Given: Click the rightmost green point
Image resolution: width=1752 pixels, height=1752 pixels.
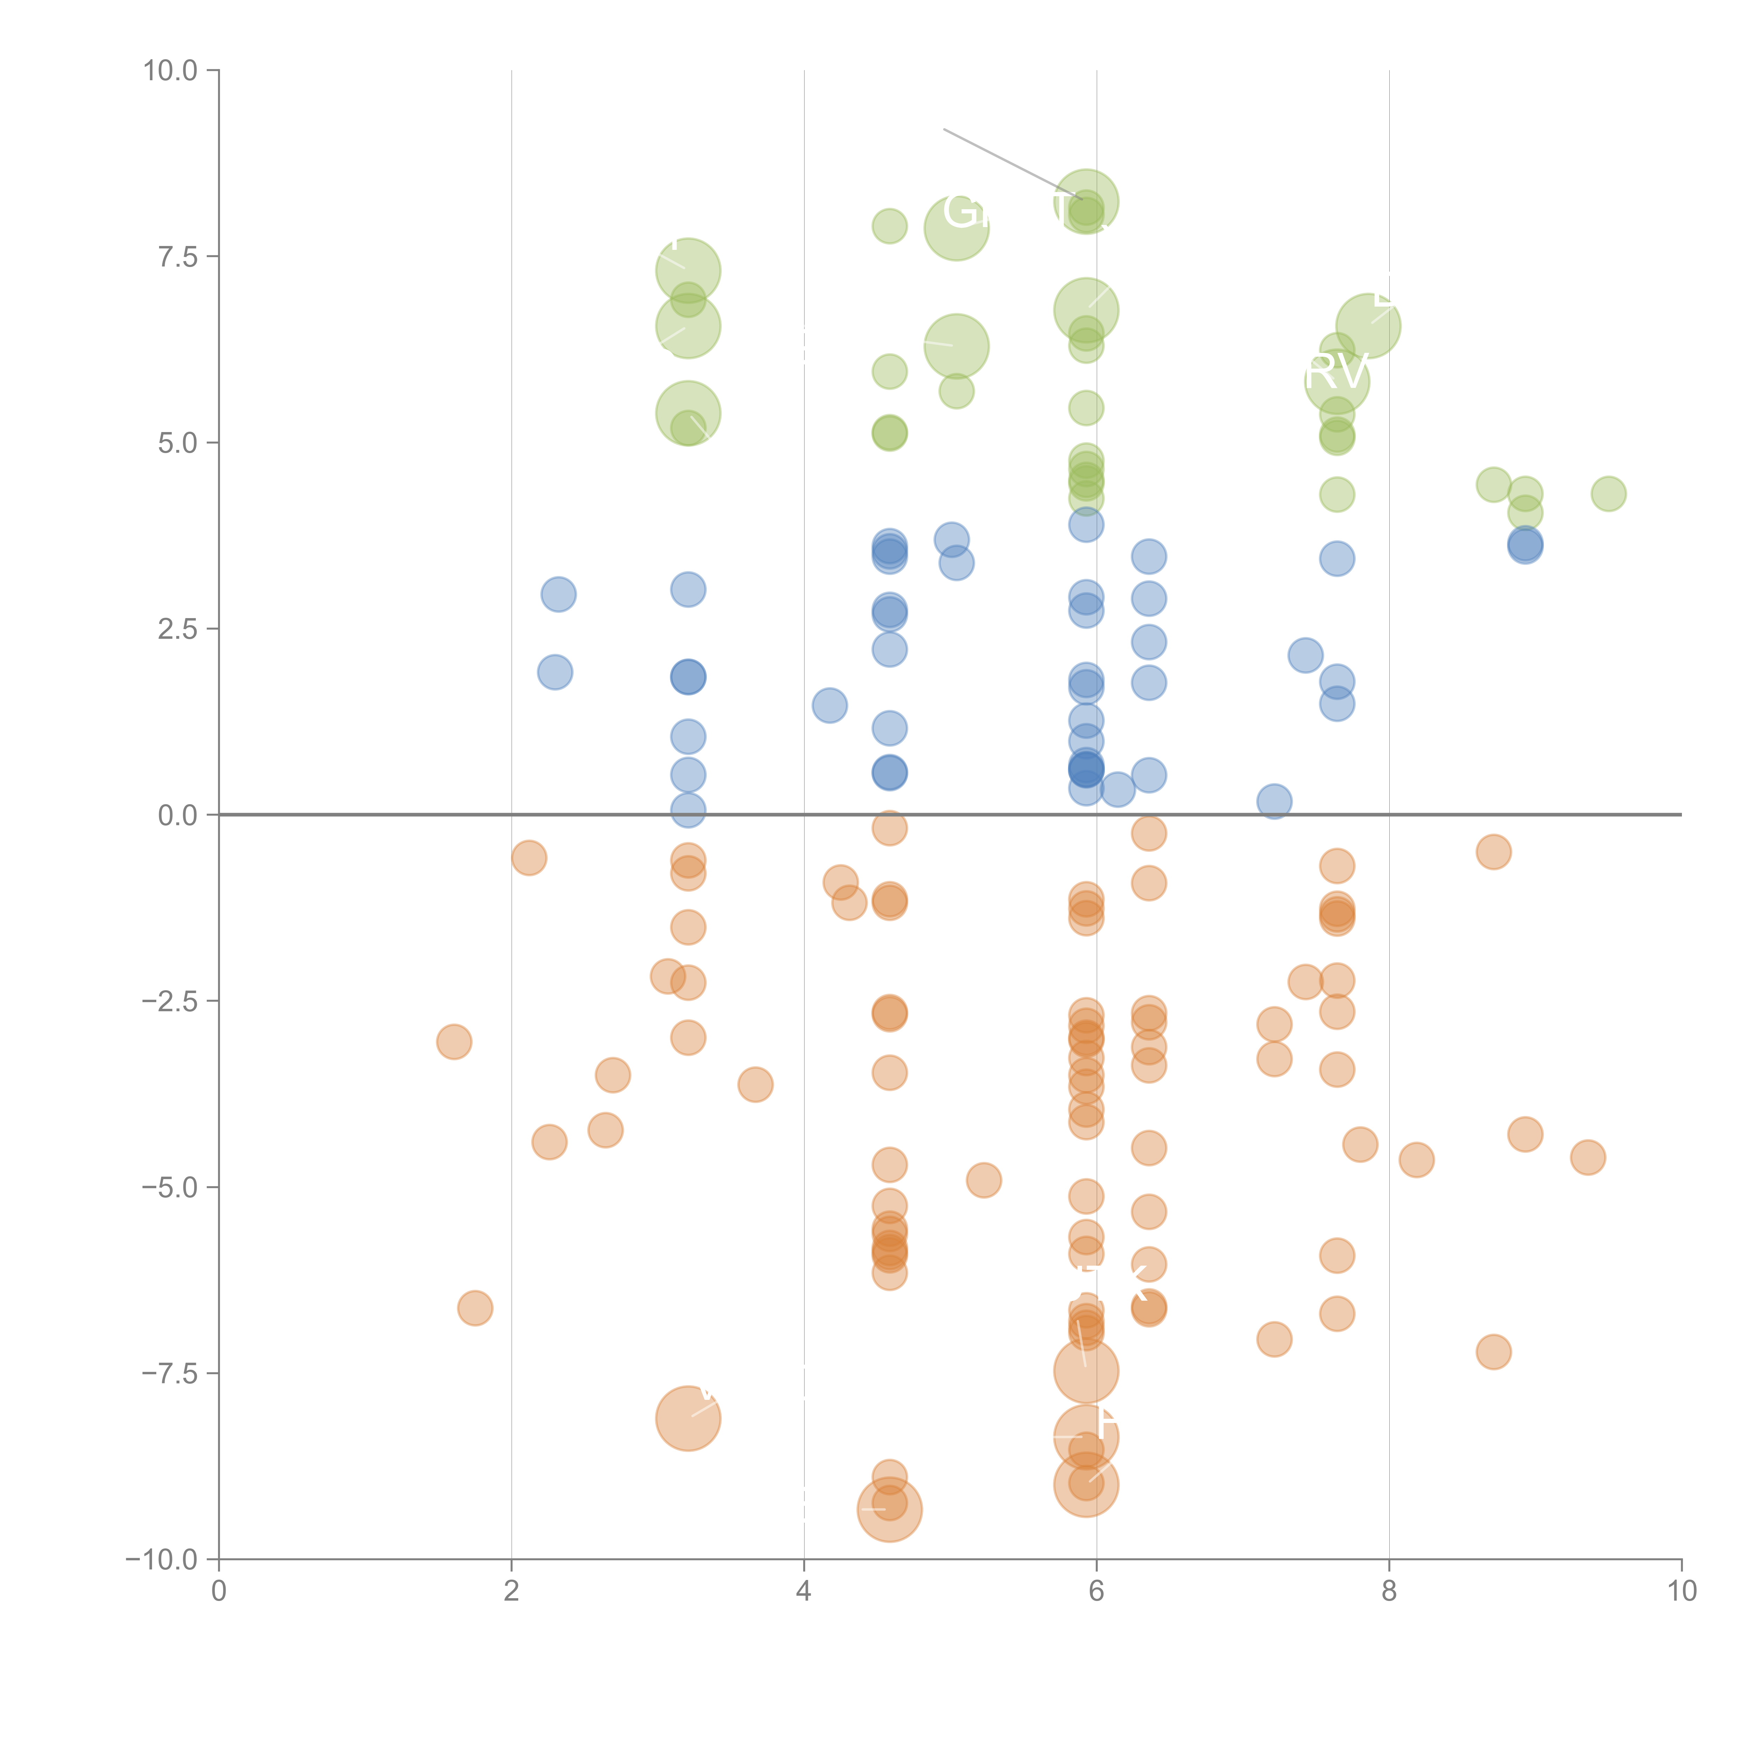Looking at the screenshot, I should (x=1608, y=494).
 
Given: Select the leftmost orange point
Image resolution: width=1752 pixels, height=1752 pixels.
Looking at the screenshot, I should (x=453, y=1042).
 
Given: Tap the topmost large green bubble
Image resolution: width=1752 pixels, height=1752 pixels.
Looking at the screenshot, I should (x=1086, y=201).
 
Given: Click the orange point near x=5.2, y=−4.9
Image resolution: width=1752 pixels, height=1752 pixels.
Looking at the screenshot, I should (x=983, y=1181).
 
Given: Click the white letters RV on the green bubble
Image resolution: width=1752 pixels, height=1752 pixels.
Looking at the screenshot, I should (x=1335, y=372).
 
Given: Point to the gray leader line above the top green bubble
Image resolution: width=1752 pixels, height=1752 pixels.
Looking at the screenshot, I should (x=1007, y=162).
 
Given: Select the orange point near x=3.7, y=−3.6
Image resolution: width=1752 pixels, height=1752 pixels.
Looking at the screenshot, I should (x=755, y=1084).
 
